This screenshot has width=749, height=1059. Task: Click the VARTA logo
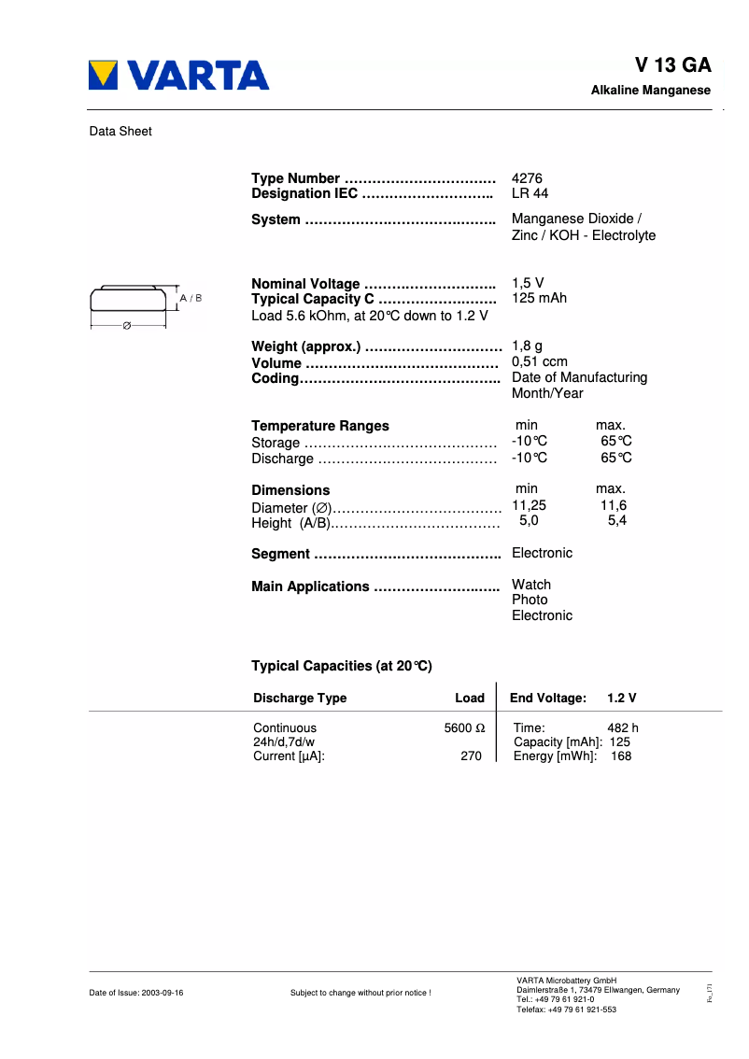(x=178, y=76)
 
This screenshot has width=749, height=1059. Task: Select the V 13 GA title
(x=672, y=65)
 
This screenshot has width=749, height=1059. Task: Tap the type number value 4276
(x=527, y=178)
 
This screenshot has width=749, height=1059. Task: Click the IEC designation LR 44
(x=530, y=194)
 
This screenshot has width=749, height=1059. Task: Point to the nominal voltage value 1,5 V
(x=528, y=284)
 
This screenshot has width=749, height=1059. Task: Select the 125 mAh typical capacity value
(x=539, y=299)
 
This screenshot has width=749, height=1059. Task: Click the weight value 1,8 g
(x=527, y=346)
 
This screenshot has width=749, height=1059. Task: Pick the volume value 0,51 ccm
(x=539, y=362)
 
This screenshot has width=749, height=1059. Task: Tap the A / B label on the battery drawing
(x=191, y=298)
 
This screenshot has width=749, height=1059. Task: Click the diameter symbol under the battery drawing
(x=127, y=325)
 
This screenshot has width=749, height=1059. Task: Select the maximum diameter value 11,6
(x=613, y=505)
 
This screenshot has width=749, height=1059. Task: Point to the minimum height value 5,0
(x=529, y=521)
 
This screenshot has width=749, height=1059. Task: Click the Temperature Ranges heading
(x=320, y=426)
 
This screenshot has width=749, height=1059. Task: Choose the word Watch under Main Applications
(x=531, y=585)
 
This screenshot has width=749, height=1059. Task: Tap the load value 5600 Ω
(x=464, y=727)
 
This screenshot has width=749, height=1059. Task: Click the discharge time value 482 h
(x=622, y=727)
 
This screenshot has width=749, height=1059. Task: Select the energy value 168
(x=620, y=756)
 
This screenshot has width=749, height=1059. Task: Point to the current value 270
(x=471, y=756)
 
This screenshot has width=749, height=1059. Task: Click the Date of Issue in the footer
(x=136, y=993)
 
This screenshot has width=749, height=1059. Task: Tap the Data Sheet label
(x=120, y=132)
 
